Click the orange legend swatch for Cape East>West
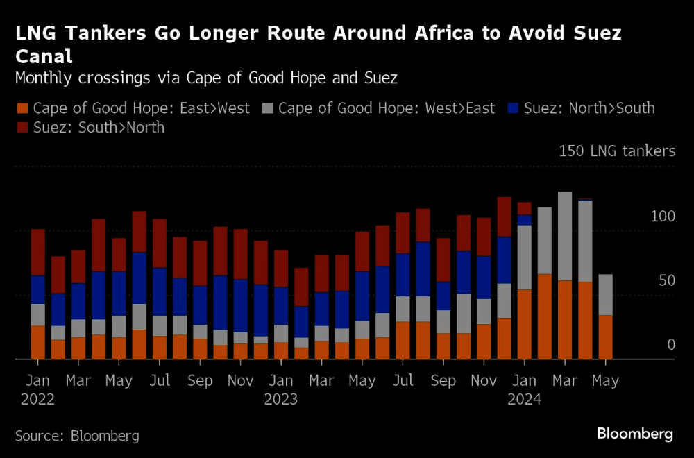22,108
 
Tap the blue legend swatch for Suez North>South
513,108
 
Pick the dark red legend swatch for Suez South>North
22,128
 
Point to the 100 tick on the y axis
663,217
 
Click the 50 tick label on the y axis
666,281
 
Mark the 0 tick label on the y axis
671,345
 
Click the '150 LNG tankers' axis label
617,151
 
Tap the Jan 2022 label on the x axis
38,390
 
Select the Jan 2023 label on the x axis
282,390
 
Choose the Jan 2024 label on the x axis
525,390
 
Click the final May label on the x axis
605,381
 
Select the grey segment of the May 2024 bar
605,295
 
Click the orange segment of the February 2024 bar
545,317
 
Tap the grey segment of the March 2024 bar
565,236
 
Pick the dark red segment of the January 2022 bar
38,253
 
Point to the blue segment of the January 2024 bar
525,220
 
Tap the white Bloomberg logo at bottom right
635,434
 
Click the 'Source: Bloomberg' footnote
77,436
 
